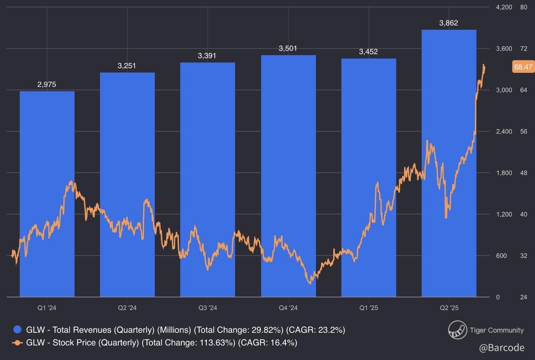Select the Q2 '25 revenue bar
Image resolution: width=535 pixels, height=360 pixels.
pyautogui.click(x=449, y=163)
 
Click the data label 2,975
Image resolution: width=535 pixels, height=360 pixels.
pyautogui.click(x=47, y=85)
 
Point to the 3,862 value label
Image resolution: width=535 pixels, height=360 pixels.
pyautogui.click(x=449, y=23)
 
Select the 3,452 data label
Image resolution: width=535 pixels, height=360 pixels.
pyautogui.click(x=368, y=52)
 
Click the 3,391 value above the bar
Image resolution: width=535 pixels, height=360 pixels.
pyautogui.click(x=207, y=56)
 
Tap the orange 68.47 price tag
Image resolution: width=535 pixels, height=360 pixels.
pyautogui.click(x=523, y=67)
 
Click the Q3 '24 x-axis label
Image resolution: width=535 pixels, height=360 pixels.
pyautogui.click(x=208, y=308)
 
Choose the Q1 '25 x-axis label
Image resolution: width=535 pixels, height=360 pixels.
pyautogui.click(x=369, y=308)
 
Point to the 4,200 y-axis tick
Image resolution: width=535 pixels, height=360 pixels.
pyautogui.click(x=504, y=7)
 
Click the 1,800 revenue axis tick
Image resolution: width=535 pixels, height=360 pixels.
pyautogui.click(x=504, y=173)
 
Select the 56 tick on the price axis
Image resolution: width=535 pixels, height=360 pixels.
pyautogui.click(x=523, y=132)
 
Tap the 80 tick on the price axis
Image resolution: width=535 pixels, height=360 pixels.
pyautogui.click(x=523, y=7)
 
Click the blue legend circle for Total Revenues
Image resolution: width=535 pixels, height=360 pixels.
pyautogui.click(x=17, y=330)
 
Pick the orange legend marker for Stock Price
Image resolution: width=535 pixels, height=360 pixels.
pyautogui.click(x=17, y=343)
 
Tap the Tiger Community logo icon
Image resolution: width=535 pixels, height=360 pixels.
pyautogui.click(x=457, y=330)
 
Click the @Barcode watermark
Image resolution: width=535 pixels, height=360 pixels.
pyautogui.click(x=502, y=348)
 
